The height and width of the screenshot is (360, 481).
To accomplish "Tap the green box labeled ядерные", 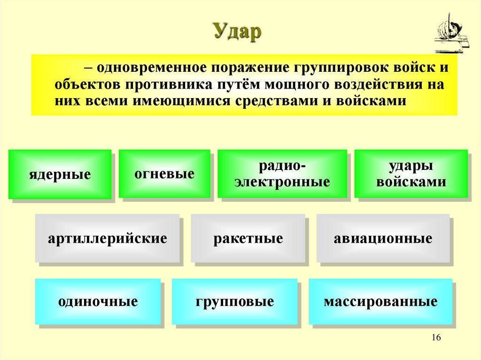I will tap(60, 174).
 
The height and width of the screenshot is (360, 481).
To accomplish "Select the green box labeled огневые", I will tap(164, 173).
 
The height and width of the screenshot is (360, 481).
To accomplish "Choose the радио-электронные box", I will tap(282, 174).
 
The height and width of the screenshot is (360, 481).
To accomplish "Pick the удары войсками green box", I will tap(411, 174).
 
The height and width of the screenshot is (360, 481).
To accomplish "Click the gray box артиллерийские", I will tap(107, 238).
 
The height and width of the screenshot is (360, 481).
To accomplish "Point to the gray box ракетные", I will tap(248, 238).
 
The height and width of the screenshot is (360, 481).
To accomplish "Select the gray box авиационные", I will tap(383, 238).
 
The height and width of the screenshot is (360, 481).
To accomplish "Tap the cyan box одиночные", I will tap(98, 301).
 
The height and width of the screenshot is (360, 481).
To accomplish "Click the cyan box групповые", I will tap(234, 301).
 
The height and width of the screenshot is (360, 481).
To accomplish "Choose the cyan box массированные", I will tap(380, 301).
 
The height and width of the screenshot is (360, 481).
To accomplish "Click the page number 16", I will tap(435, 338).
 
